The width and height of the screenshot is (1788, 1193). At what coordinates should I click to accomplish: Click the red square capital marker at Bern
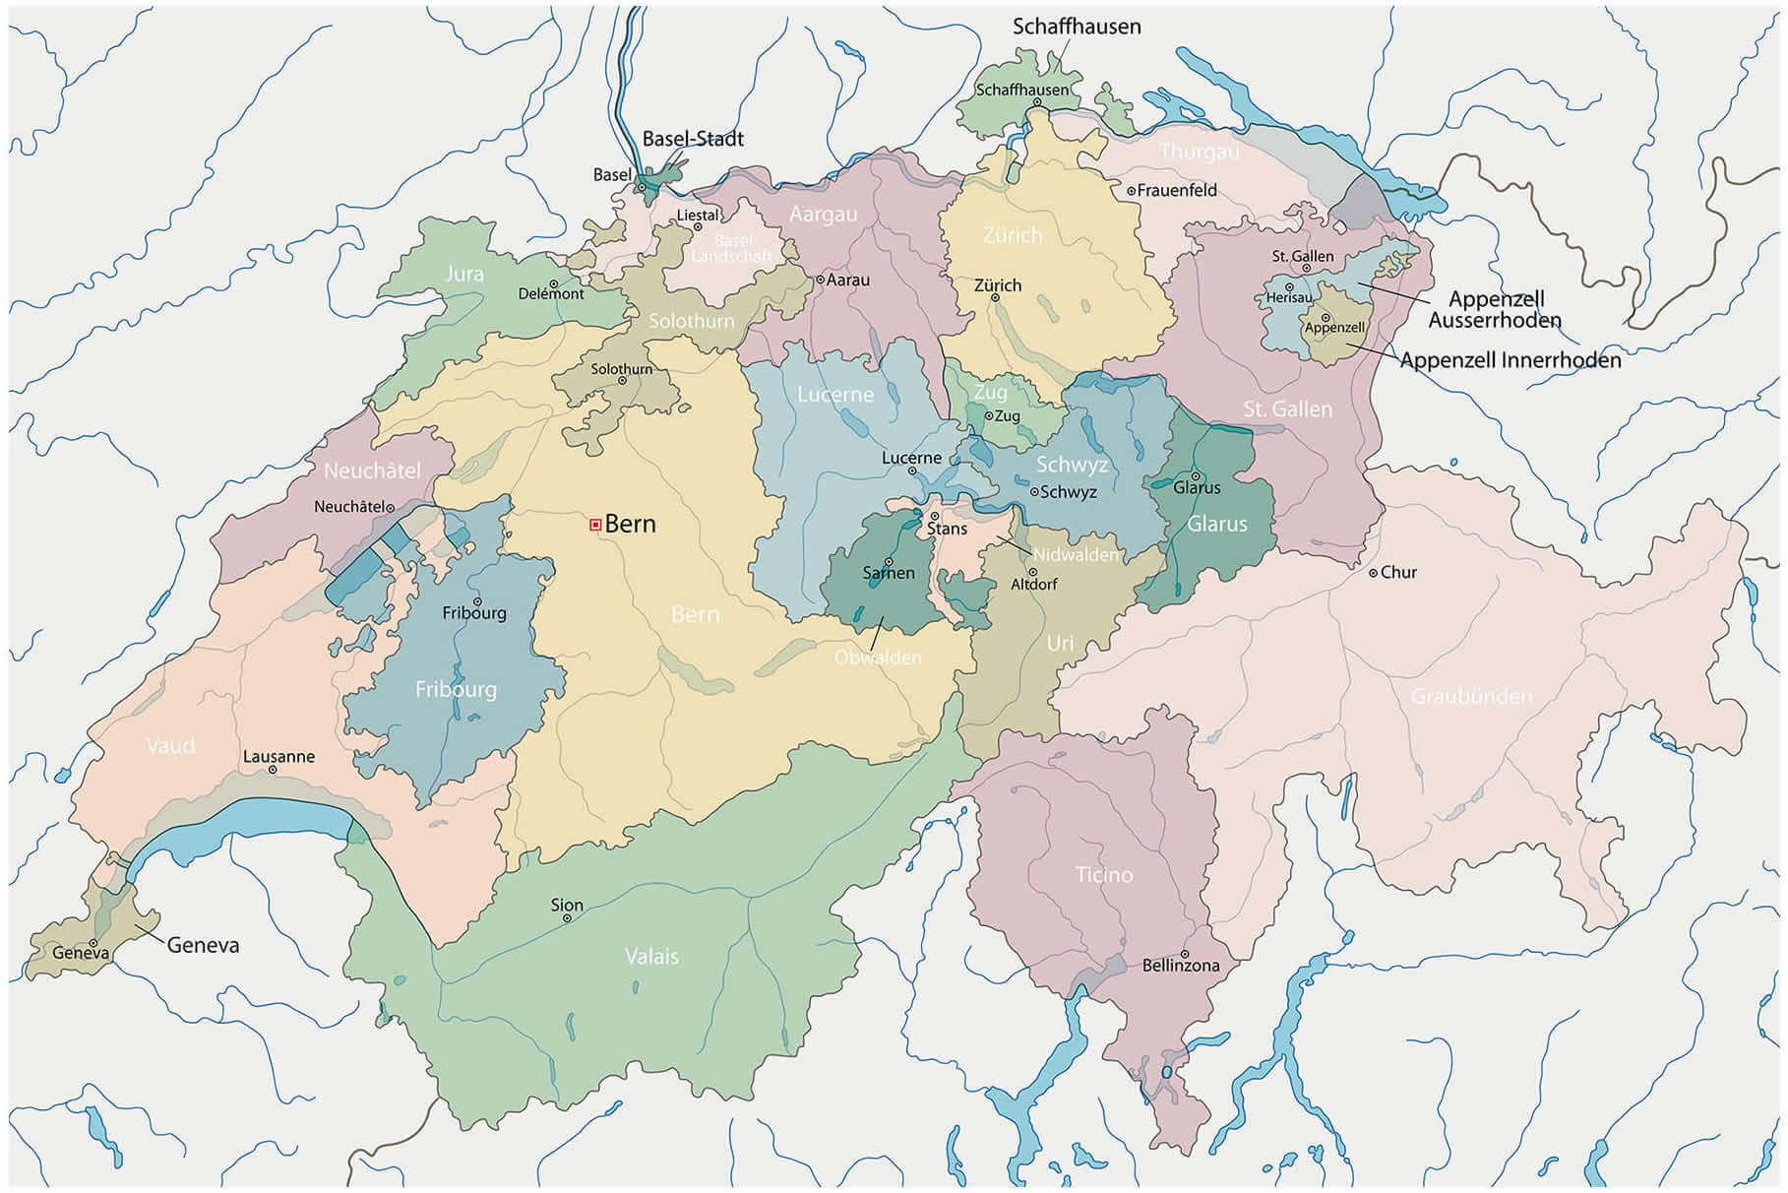click(595, 526)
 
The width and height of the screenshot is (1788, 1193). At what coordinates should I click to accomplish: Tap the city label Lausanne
click(278, 756)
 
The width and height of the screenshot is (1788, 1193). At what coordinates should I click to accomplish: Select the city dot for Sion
click(567, 918)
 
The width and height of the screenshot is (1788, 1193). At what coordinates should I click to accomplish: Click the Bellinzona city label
click(1180, 966)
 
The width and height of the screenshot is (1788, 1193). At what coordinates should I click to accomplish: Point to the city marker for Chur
click(1374, 573)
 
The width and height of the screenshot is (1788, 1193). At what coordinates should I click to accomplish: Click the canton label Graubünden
click(1471, 697)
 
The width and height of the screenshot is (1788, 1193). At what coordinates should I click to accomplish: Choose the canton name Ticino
click(1104, 874)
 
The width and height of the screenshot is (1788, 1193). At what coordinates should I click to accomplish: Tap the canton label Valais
click(651, 956)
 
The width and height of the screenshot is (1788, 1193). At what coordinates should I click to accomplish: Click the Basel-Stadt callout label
click(693, 139)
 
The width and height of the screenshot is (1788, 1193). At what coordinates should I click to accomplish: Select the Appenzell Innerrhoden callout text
click(1510, 360)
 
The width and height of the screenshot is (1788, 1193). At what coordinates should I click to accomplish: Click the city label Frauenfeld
click(1177, 190)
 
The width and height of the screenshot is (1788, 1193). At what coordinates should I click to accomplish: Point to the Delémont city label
click(551, 293)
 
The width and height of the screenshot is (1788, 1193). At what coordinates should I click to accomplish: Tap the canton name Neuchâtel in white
click(372, 471)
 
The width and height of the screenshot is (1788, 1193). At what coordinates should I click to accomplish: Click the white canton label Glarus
click(1216, 524)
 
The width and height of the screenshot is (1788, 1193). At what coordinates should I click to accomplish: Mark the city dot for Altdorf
click(1033, 572)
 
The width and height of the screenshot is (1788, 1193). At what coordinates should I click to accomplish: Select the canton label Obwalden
click(878, 657)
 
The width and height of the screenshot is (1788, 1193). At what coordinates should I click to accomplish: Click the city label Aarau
click(847, 280)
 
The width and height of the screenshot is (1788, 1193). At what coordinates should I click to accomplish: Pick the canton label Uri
click(1060, 643)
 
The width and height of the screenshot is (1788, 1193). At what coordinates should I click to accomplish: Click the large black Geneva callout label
click(203, 945)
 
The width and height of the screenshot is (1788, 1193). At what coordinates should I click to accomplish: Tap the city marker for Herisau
click(1289, 288)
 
